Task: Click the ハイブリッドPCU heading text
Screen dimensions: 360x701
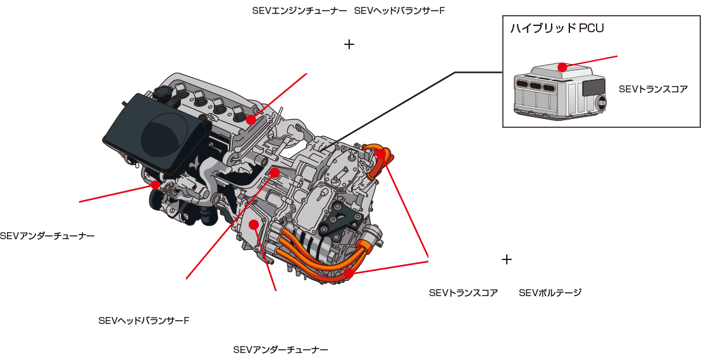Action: (x=557, y=28)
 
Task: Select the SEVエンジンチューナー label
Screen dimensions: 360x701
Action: (x=299, y=11)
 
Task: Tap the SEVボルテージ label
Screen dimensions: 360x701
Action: (x=550, y=293)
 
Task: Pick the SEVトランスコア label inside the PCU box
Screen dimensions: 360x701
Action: (x=653, y=89)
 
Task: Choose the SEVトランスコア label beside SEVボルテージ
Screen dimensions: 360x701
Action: (x=463, y=293)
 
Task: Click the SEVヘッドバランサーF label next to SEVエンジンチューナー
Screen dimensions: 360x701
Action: (x=399, y=11)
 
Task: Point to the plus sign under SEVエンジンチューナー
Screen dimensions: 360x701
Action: (x=349, y=44)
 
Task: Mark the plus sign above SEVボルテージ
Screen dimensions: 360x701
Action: (x=506, y=259)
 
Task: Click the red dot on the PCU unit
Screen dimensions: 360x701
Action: (x=562, y=67)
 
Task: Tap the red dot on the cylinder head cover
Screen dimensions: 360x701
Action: (x=251, y=120)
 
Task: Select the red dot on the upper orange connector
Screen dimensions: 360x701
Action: (x=380, y=154)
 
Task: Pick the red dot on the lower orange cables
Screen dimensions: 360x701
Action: (x=349, y=273)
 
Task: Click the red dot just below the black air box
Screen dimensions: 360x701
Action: (x=155, y=185)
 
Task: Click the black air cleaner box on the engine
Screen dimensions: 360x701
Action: (x=155, y=133)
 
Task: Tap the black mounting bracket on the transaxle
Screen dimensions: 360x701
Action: (x=342, y=221)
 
